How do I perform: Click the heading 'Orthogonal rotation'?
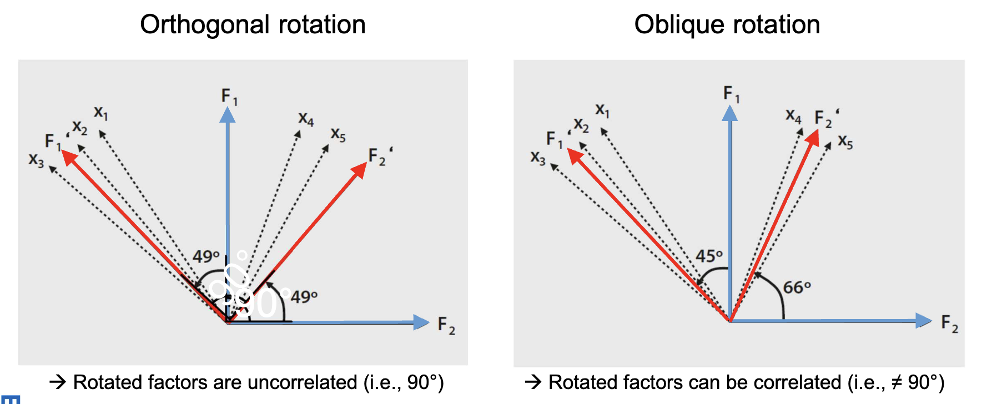point(253,25)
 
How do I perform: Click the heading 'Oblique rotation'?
point(727,25)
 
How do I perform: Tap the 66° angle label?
point(797,287)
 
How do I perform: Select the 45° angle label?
point(709,256)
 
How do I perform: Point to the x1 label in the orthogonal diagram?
point(101,113)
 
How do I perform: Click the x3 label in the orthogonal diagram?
point(36,160)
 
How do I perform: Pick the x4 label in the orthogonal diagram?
point(306,118)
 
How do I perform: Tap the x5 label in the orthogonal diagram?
point(338,134)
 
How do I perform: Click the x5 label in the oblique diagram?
point(845,142)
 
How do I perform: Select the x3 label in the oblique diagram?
point(537,158)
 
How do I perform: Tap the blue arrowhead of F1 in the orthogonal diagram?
point(227,115)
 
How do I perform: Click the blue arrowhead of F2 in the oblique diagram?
point(923,320)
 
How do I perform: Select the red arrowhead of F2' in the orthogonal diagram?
point(359,170)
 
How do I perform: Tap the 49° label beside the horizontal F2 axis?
point(304,297)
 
